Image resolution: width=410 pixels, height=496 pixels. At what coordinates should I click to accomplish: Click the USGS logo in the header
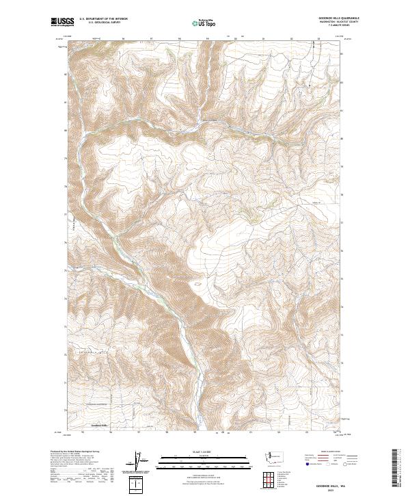pyautogui.click(x=62, y=22)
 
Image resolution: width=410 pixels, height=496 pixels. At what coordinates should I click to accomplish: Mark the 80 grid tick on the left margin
pyautogui.click(x=66, y=129)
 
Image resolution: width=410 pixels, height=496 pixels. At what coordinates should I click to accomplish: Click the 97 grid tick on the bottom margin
pyautogui.click(x=139, y=432)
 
